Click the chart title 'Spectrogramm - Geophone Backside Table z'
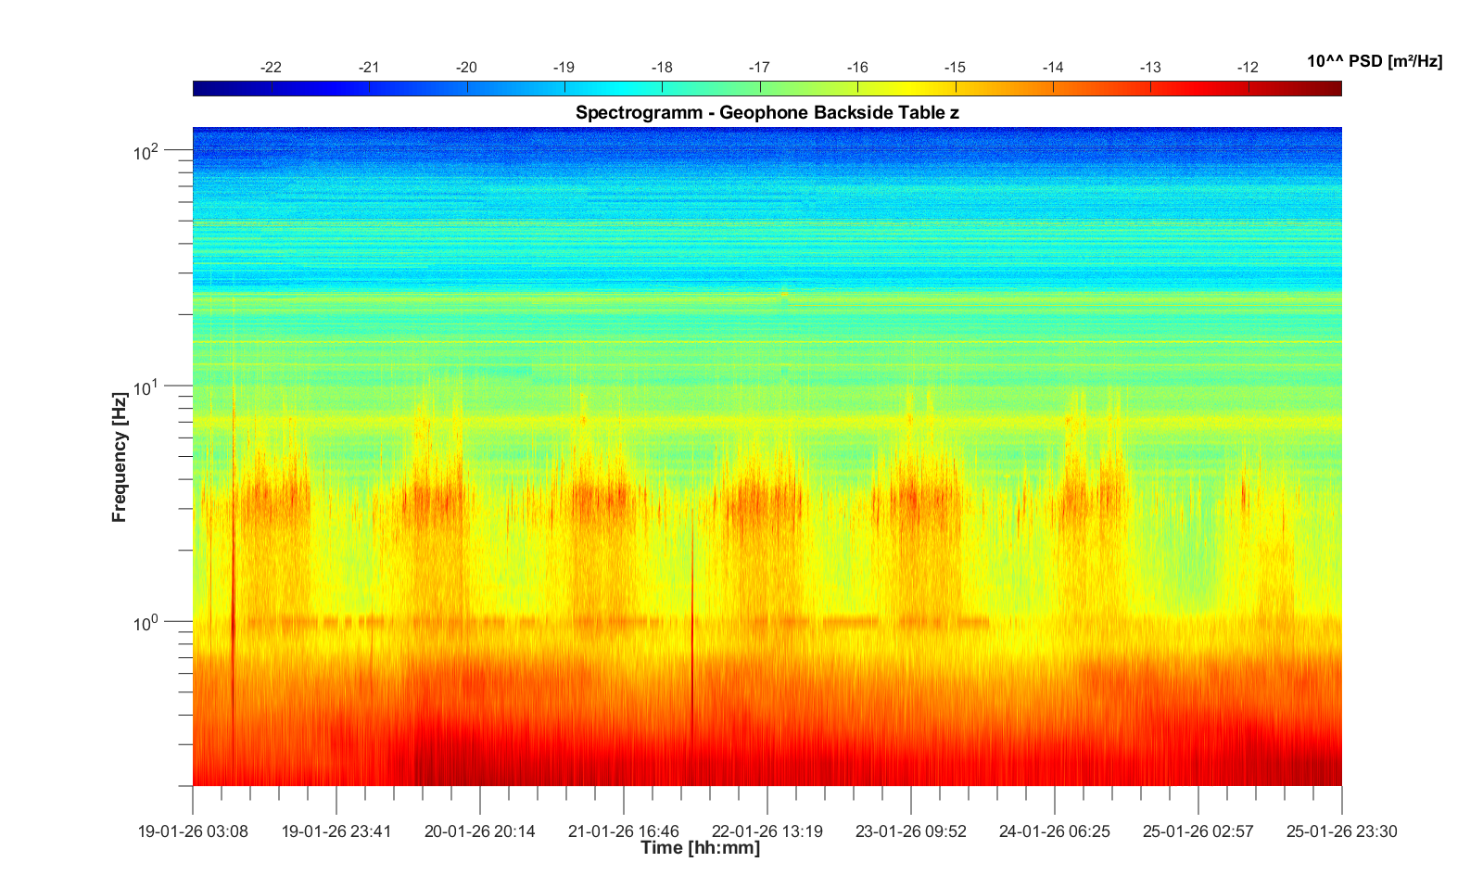pos(767,113)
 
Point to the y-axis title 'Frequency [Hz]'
pos(119,457)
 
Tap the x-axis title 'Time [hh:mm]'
pos(700,848)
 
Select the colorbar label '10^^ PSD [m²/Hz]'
pos(1375,61)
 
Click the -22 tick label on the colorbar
pos(271,68)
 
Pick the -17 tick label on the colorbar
pos(759,68)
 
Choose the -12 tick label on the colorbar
pos(1248,68)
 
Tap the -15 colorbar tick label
pos(955,68)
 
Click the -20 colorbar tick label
pos(466,68)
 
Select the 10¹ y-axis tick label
pos(147,387)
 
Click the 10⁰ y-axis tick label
pos(147,623)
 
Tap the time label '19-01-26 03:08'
pos(193,831)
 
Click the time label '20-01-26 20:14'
pos(480,831)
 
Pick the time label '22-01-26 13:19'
pos(767,831)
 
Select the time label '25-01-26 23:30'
pos(1341,831)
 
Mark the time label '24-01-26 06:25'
pos(1054,831)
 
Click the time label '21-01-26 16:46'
pos(624,831)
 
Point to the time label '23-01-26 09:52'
pos(911,831)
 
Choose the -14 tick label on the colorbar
pos(1052,68)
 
